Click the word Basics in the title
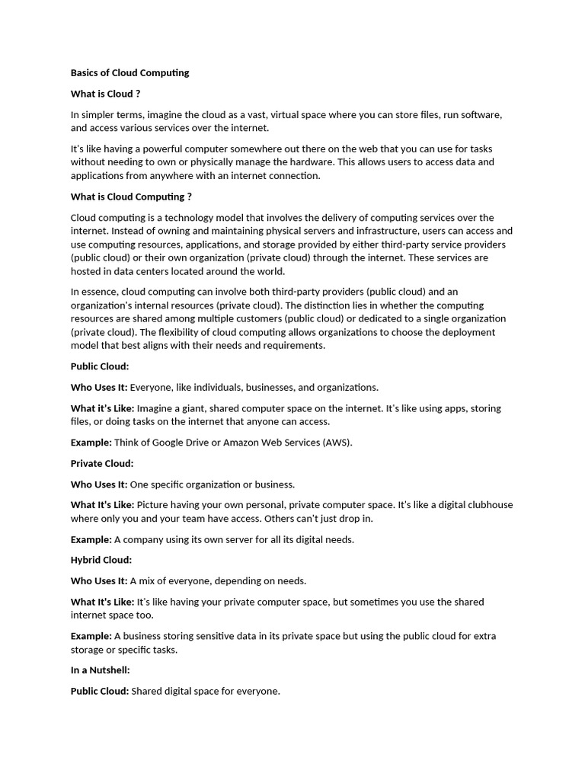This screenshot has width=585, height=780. tap(85, 73)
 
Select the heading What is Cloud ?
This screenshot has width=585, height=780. tap(105, 94)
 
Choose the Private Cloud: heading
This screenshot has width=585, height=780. tap(102, 463)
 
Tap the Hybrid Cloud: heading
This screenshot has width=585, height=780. tap(101, 560)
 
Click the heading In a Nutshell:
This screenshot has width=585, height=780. tap(100, 670)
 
